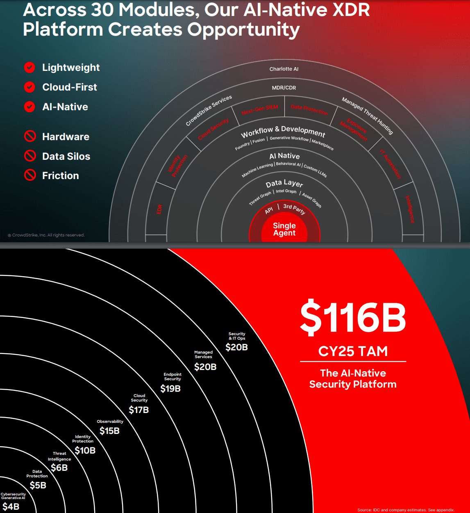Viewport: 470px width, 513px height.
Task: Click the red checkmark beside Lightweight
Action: (30, 68)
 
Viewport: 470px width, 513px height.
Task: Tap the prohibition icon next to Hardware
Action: (30, 136)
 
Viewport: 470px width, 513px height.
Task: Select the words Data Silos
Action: (66, 156)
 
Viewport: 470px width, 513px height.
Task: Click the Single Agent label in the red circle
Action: (284, 229)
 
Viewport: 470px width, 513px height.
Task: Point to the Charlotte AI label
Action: (284, 69)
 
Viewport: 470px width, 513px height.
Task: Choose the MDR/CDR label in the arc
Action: (284, 88)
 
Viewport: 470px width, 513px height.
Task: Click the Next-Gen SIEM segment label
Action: (260, 110)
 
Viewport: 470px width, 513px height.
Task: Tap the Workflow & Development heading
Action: (283, 132)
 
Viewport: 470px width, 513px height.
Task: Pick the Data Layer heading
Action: (284, 184)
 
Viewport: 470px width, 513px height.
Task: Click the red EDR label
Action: (159, 209)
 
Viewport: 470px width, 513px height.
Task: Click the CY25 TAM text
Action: (353, 351)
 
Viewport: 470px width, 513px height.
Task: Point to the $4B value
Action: (11, 506)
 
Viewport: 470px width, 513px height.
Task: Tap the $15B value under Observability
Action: (109, 431)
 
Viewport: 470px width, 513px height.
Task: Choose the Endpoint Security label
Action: (173, 377)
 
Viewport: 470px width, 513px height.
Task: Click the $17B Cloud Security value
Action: (139, 409)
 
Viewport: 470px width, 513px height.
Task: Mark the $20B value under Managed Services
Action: (205, 367)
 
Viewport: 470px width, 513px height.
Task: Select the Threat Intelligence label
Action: (59, 456)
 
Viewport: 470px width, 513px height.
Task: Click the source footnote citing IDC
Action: (406, 510)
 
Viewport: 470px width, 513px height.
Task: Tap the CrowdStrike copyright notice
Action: (46, 235)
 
